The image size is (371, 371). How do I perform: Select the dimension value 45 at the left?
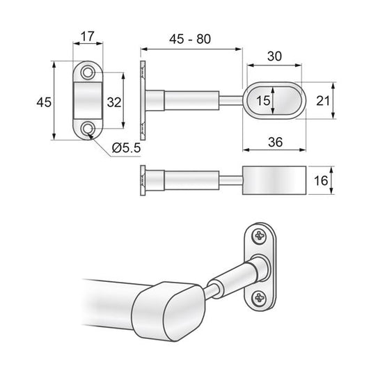point(43,102)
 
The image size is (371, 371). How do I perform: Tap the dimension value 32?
point(114,102)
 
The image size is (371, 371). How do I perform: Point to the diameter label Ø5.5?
point(126,148)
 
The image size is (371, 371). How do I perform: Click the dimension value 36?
point(274,141)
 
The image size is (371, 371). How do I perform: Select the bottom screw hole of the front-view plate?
point(88,129)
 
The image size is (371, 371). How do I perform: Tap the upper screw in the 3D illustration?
point(259,236)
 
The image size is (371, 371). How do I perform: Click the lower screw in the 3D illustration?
point(259,299)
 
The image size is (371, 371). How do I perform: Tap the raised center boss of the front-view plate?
point(88,102)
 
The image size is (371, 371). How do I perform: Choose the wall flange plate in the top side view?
point(143,101)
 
